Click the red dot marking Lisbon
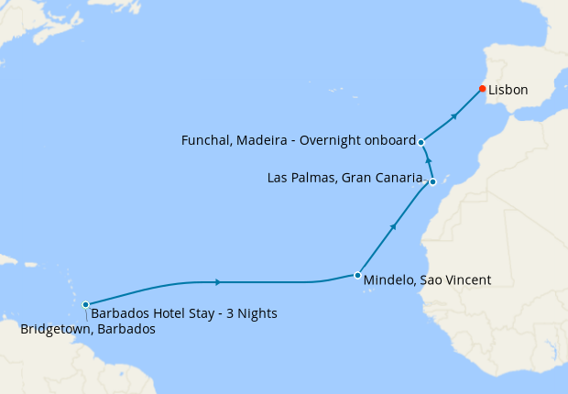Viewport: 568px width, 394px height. click(x=482, y=89)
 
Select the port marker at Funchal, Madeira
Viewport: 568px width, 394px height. click(x=421, y=142)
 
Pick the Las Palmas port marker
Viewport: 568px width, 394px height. click(x=432, y=182)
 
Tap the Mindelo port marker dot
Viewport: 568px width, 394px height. click(x=357, y=275)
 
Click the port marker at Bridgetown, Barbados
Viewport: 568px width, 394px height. click(x=85, y=304)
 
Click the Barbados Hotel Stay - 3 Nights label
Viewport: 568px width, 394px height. click(x=184, y=313)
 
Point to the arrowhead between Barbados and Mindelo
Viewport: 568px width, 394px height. click(x=217, y=282)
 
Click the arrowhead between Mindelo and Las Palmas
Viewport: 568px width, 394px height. click(x=394, y=225)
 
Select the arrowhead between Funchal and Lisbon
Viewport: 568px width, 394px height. click(x=453, y=116)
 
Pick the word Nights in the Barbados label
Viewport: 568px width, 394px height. click(x=257, y=313)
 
